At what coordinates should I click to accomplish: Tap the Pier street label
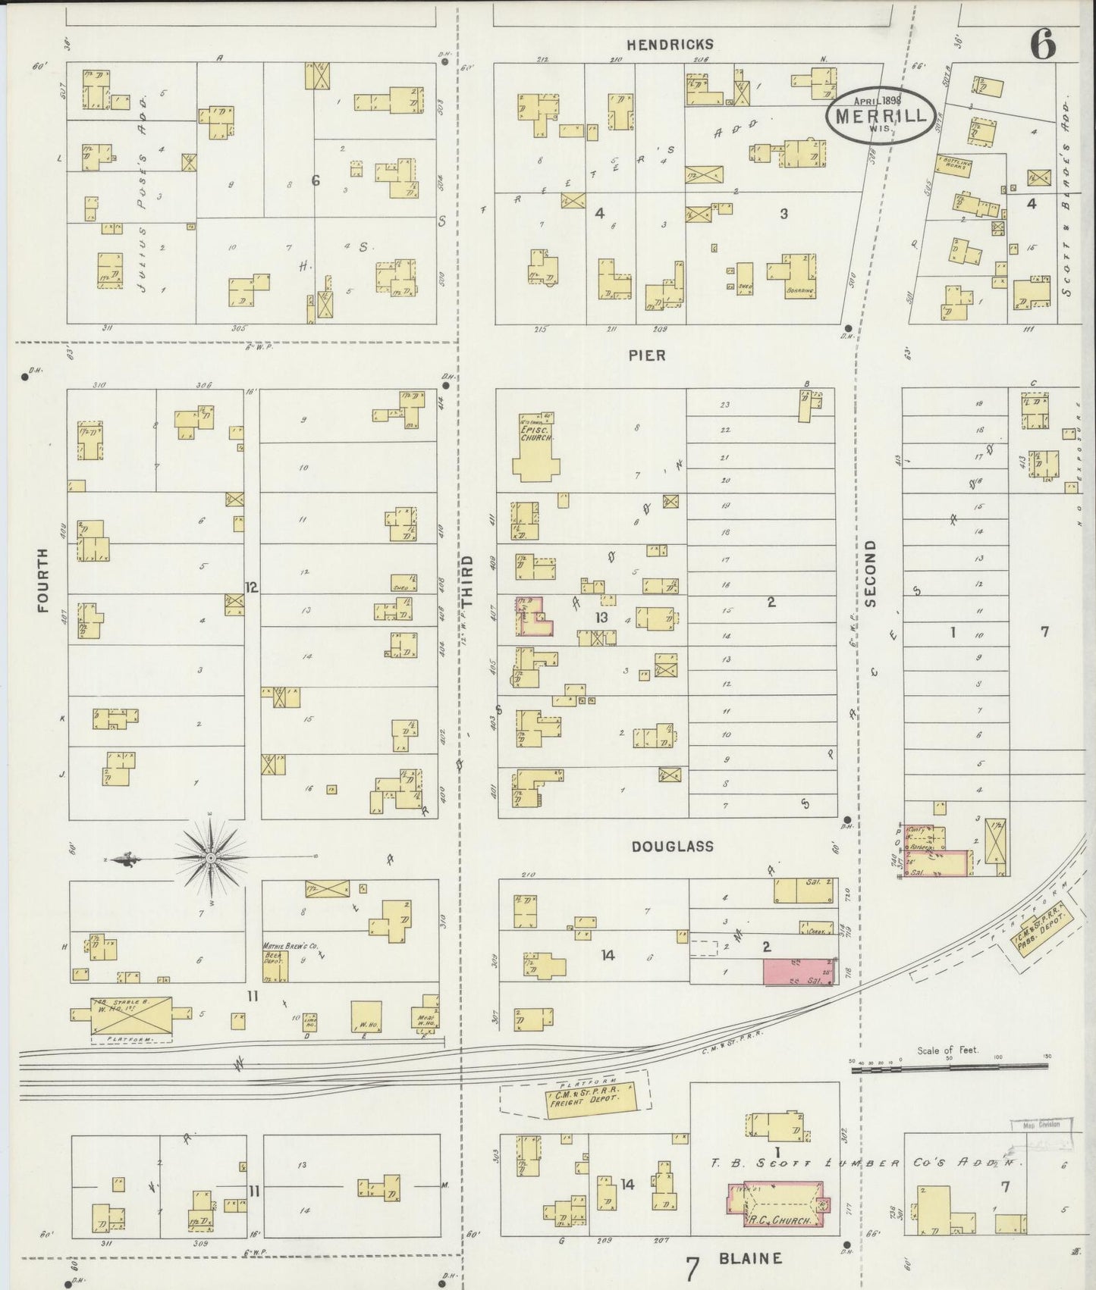(x=647, y=355)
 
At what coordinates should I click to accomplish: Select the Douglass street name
(x=673, y=846)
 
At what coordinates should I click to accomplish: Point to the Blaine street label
(x=749, y=1259)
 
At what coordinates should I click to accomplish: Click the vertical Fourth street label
(x=42, y=580)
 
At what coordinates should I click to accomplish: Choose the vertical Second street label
(x=869, y=573)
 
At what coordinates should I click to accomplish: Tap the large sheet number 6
(x=1043, y=45)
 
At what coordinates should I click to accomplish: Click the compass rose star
(x=209, y=857)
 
